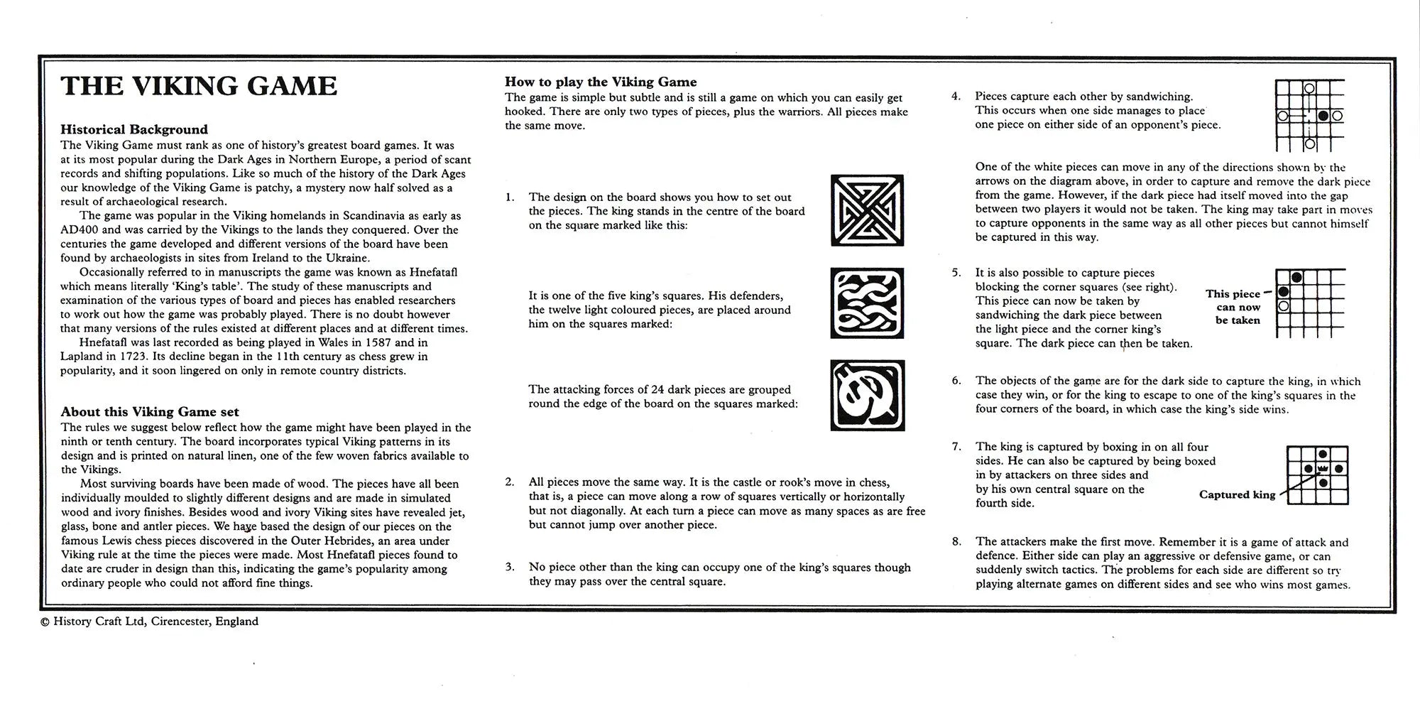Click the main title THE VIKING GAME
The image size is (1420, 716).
(199, 86)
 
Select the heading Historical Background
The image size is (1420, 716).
(134, 129)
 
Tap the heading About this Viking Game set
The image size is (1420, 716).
(150, 412)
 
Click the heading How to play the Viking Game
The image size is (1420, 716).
(601, 82)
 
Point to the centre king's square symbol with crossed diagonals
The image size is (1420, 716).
(867, 210)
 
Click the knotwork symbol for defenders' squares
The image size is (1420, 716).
(867, 303)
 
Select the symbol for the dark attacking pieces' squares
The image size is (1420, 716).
(867, 396)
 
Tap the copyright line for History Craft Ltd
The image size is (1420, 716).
(149, 622)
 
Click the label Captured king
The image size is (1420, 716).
(1237, 495)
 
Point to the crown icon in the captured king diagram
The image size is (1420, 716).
(1322, 469)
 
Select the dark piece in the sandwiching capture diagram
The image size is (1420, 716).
(1323, 115)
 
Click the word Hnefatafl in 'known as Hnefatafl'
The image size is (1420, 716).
(432, 272)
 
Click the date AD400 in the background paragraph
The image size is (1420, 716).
(80, 229)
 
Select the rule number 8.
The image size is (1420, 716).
(956, 542)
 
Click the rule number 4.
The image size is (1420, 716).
(956, 96)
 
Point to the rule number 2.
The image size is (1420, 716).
(510, 482)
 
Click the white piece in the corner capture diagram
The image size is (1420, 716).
(1283, 306)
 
